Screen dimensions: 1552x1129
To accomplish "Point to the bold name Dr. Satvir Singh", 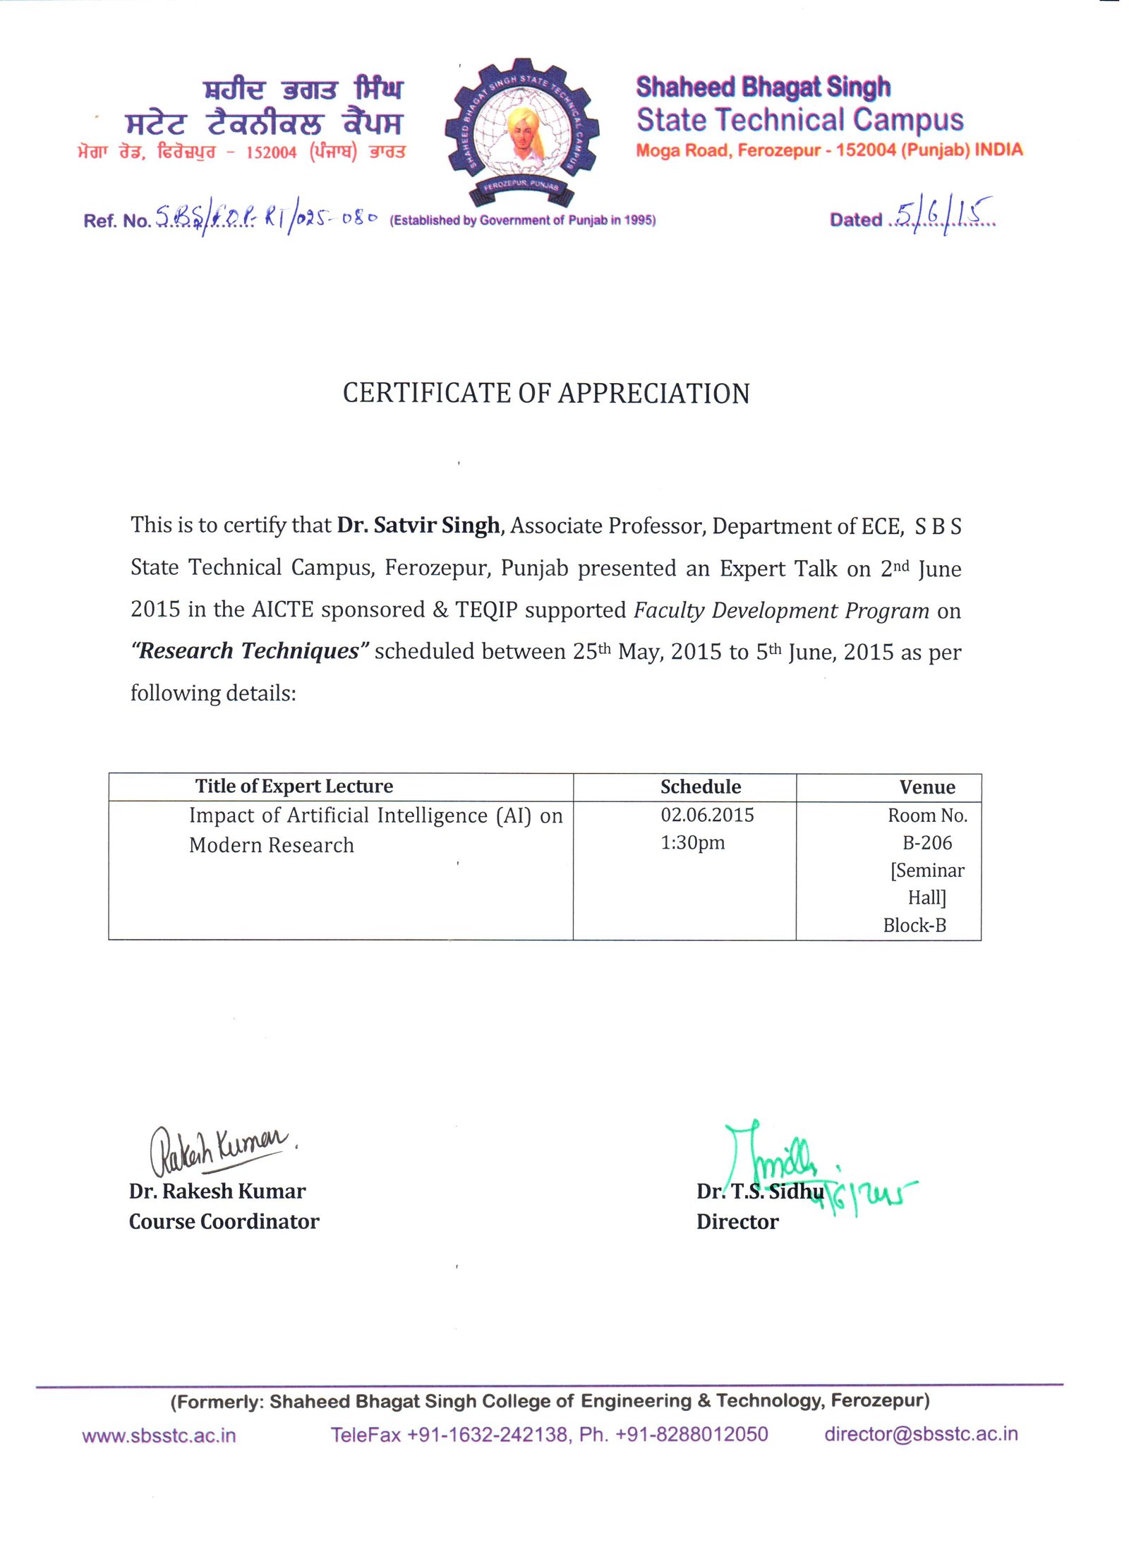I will click(418, 526).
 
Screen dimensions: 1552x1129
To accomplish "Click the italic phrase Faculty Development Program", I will click(781, 610).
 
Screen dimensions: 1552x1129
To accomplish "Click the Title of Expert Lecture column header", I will click(294, 786).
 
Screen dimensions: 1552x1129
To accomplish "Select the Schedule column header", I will click(700, 787).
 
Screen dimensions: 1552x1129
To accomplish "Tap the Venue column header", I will click(926, 787).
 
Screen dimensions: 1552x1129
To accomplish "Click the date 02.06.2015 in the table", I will click(707, 816).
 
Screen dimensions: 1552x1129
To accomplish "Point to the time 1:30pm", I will click(692, 843).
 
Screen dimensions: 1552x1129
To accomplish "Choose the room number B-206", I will click(926, 843).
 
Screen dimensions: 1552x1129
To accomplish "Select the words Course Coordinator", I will click(224, 1222).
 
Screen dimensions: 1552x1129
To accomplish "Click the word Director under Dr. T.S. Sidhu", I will click(737, 1222).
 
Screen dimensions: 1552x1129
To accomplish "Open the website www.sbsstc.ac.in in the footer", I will click(159, 1436).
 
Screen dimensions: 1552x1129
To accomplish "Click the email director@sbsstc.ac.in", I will click(920, 1434).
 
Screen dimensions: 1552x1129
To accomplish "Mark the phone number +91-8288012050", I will click(691, 1434).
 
